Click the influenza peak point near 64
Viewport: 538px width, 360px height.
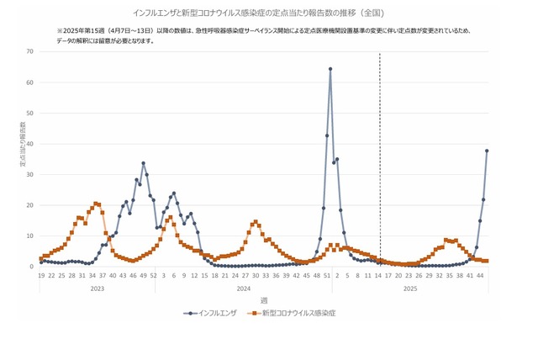tap(330, 69)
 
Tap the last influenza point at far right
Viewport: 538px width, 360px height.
tap(487, 151)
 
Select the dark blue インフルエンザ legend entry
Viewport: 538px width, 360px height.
tap(214, 313)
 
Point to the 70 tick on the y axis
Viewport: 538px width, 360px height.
tap(30, 51)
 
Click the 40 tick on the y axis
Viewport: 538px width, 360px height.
tap(30, 144)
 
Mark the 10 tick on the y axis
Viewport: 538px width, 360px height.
tap(30, 236)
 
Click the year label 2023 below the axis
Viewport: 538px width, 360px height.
tap(98, 288)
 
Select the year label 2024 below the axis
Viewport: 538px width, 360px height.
tap(244, 288)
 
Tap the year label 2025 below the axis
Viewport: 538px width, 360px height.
tap(410, 288)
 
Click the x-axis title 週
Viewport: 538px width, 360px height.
tap(264, 300)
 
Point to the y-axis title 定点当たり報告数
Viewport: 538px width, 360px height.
tap(23, 144)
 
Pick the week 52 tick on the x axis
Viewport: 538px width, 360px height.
tap(153, 275)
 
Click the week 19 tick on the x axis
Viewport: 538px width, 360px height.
tap(41, 275)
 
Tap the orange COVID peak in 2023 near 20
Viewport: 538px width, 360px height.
tap(96, 203)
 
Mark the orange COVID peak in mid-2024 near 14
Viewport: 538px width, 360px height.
tap(255, 222)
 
